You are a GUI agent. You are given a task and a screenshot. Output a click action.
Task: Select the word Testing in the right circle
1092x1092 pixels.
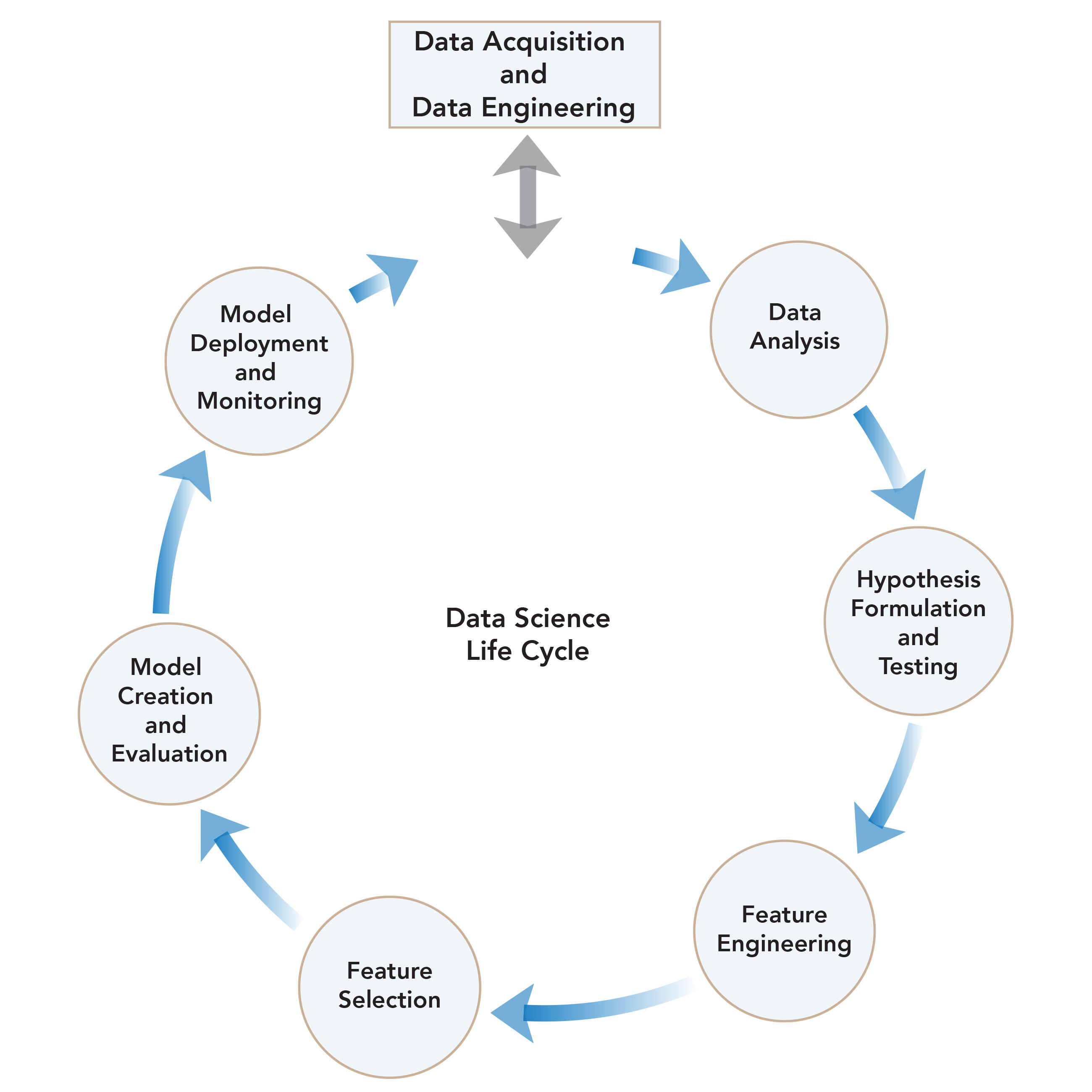click(918, 667)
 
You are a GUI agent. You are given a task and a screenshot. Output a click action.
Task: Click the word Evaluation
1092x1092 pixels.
click(169, 754)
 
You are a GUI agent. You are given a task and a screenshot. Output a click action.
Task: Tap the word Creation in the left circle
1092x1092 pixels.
click(165, 696)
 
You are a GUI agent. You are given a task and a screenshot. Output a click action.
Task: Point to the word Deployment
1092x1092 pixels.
click(259, 344)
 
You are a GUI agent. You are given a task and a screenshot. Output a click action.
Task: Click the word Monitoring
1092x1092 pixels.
click(259, 401)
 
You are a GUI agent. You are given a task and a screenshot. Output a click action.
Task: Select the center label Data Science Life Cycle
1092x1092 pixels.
click(528, 634)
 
